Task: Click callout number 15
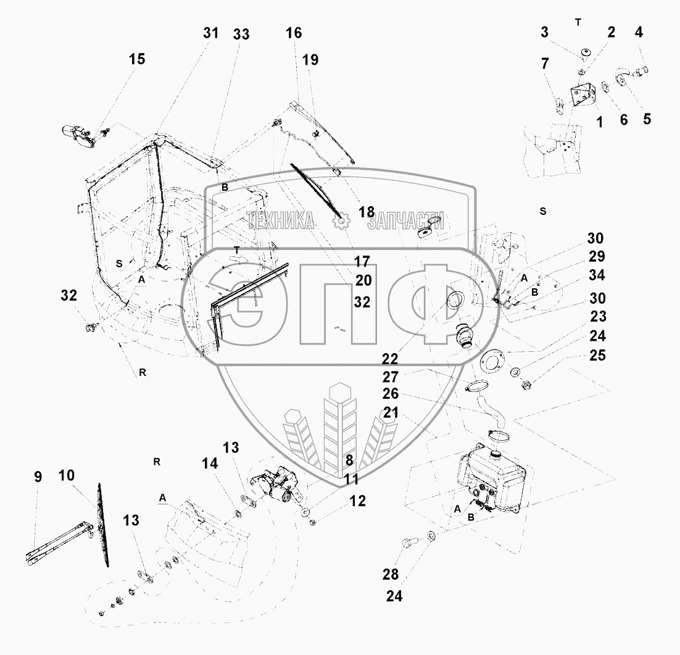[x=137, y=59]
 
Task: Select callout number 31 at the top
[x=211, y=33]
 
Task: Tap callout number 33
[x=241, y=35]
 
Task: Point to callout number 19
[x=310, y=60]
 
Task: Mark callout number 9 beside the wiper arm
[x=38, y=477]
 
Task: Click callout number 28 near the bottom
[x=390, y=575]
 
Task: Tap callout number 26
[x=391, y=394]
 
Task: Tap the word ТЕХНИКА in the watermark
[x=281, y=220]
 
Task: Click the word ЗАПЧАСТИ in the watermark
[x=405, y=221]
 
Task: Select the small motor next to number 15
[x=77, y=135]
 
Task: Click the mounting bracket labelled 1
[x=582, y=96]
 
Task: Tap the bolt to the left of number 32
[x=93, y=325]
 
